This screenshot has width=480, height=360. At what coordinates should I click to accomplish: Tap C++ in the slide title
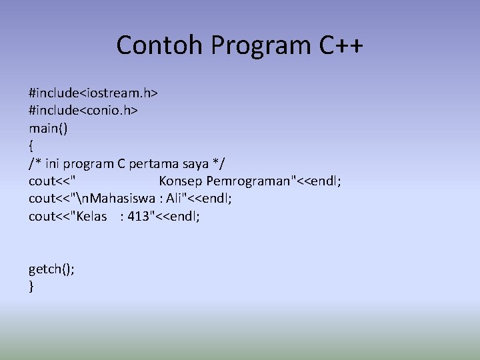point(339,45)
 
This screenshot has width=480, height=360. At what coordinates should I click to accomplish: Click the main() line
point(47,128)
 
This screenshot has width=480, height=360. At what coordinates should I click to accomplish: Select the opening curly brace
point(31,146)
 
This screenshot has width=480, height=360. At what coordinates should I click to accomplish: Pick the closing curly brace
point(31,287)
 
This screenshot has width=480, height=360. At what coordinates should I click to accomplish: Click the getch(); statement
point(51,269)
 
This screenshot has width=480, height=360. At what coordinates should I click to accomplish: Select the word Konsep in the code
point(180,181)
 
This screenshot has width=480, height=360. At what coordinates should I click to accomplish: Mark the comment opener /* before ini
point(34,163)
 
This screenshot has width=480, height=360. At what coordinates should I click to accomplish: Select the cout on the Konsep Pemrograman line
point(42,181)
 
